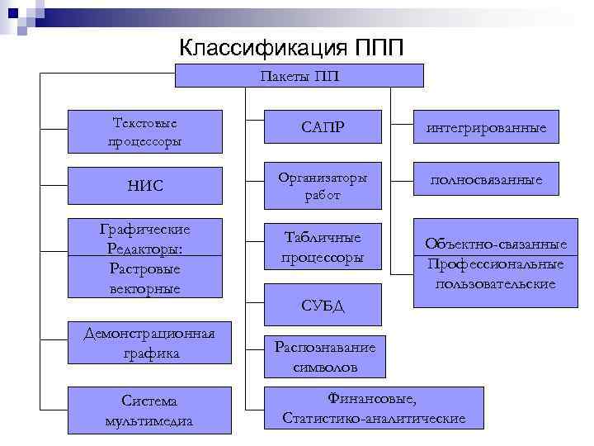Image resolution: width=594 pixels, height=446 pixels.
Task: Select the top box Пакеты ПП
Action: point(299,76)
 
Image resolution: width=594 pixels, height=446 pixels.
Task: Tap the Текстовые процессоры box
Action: point(145,131)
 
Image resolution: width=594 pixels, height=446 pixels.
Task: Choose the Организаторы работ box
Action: point(323,187)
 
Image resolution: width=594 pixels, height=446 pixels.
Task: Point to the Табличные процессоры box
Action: point(323,245)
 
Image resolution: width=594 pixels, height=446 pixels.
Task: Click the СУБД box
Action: point(323,306)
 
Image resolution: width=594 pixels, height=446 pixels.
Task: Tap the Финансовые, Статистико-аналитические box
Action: point(373,409)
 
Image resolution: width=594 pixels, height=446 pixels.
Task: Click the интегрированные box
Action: point(486,130)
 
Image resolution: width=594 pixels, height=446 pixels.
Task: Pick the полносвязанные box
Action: point(486,179)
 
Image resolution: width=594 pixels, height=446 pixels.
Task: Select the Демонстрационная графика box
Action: point(148,343)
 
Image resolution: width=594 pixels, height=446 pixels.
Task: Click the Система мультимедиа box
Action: point(148,410)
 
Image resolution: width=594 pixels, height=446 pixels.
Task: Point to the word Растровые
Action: point(144,268)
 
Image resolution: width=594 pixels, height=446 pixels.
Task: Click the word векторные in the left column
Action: point(144,287)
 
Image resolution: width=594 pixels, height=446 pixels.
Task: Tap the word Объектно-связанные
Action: point(496,244)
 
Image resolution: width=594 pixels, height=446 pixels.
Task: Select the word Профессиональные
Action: point(496,264)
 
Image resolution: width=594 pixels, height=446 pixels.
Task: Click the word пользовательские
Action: point(496,283)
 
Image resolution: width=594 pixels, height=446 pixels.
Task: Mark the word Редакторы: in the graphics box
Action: point(144,249)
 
